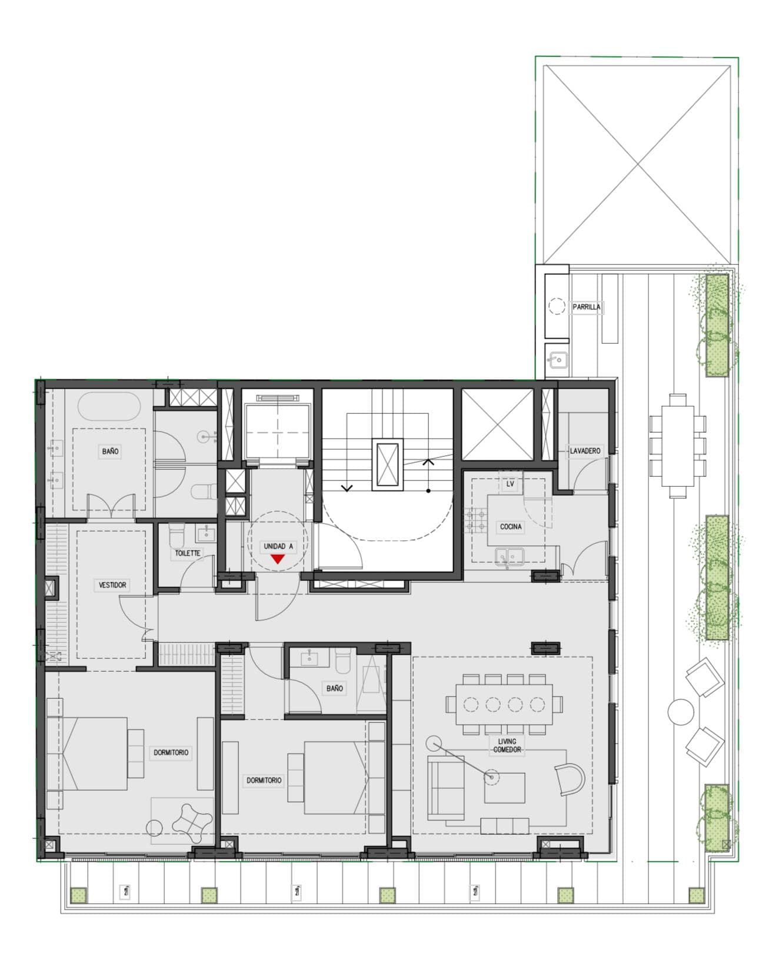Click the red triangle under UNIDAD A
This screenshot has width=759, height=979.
pyautogui.click(x=277, y=559)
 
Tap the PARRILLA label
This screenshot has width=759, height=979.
pyautogui.click(x=587, y=307)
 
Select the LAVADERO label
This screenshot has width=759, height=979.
pyautogui.click(x=585, y=451)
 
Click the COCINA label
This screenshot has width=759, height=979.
pyautogui.click(x=510, y=526)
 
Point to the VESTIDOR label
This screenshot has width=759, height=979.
pyautogui.click(x=112, y=585)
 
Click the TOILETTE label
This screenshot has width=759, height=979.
pyautogui.click(x=188, y=553)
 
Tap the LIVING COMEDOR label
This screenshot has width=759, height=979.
pyautogui.click(x=507, y=745)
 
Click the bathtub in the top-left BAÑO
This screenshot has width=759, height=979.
pyautogui.click(x=109, y=407)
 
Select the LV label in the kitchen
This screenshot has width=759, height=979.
pyautogui.click(x=510, y=484)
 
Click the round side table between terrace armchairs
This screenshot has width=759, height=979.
pyautogui.click(x=681, y=711)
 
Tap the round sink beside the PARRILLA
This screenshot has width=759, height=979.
pyautogui.click(x=557, y=357)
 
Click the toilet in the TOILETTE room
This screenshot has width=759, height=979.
pyautogui.click(x=176, y=536)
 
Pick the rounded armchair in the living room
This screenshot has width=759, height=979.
pyautogui.click(x=569, y=778)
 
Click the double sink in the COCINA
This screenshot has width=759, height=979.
pyautogui.click(x=510, y=555)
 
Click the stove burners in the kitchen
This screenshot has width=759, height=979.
pyautogui.click(x=476, y=520)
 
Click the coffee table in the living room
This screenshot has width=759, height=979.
pyautogui.click(x=504, y=788)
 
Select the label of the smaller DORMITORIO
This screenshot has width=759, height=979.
pyautogui.click(x=264, y=780)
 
